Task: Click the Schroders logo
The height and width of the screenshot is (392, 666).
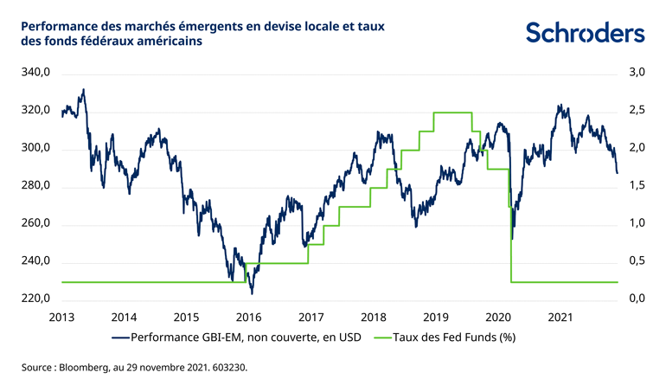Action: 586,33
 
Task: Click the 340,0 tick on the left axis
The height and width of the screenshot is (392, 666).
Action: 35,74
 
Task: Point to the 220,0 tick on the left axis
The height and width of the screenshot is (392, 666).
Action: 35,299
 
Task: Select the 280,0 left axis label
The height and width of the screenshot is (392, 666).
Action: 35,187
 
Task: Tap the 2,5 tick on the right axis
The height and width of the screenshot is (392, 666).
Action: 635,111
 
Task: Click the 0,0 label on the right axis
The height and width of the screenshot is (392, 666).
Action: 635,299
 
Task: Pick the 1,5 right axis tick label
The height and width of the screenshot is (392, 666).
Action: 635,187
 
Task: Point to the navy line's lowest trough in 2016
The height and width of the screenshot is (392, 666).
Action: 251,292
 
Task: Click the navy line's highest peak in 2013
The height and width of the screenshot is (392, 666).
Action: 83,89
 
